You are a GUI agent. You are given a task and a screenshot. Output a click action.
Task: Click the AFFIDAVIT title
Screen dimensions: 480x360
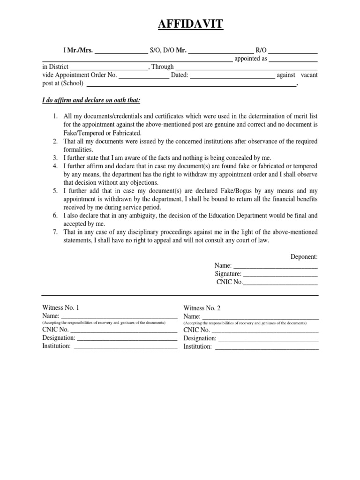coord(180,22)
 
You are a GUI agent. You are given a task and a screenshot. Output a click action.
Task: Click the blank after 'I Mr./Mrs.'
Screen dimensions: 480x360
coord(121,51)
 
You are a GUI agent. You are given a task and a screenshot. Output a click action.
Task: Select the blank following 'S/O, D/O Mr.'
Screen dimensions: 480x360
coord(220,51)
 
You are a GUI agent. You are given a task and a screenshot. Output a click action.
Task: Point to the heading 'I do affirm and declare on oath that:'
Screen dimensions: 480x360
coord(91,101)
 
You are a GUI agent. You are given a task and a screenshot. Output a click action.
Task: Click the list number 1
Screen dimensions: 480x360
coord(55,116)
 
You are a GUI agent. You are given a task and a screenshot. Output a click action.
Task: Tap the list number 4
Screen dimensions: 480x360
coord(55,166)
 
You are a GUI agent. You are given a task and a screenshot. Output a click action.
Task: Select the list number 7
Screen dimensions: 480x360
coord(55,232)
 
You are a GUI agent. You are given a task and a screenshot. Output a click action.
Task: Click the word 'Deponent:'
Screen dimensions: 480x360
coord(304,257)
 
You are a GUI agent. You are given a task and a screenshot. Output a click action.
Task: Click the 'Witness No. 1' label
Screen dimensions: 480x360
coord(61,307)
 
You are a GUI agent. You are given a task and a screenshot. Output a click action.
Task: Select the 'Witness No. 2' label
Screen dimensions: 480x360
coord(202,308)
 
